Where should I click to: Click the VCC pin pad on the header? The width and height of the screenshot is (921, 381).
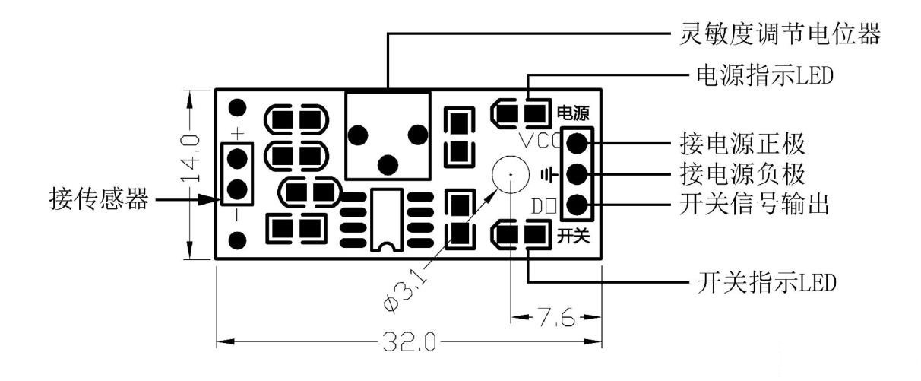[x=577, y=141]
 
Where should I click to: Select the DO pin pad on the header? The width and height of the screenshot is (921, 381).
[x=577, y=205]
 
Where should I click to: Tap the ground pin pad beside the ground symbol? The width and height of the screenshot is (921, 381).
[x=577, y=173]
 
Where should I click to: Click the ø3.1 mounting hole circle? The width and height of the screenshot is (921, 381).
[x=511, y=176]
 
